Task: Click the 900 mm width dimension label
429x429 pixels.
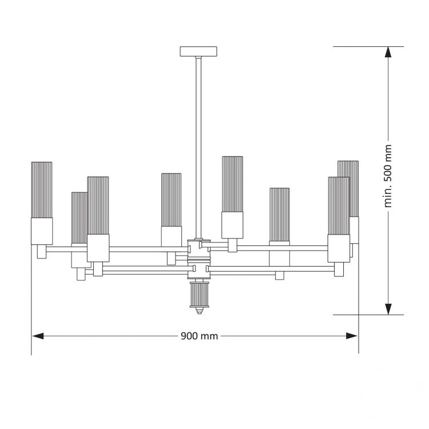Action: tap(199, 336)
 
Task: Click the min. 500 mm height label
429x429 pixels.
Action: tap(388, 176)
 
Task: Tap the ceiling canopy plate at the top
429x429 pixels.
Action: tap(198, 51)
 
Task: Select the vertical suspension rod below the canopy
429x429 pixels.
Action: tap(198, 147)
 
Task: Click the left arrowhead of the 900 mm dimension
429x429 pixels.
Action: tap(38, 336)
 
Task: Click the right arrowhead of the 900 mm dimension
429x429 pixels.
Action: tap(352, 336)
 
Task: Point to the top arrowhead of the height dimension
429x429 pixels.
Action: tap(388, 52)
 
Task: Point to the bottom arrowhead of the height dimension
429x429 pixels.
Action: tap(388, 309)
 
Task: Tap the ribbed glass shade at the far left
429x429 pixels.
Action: tap(42, 190)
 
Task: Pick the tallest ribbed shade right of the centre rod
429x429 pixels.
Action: tap(232, 184)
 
